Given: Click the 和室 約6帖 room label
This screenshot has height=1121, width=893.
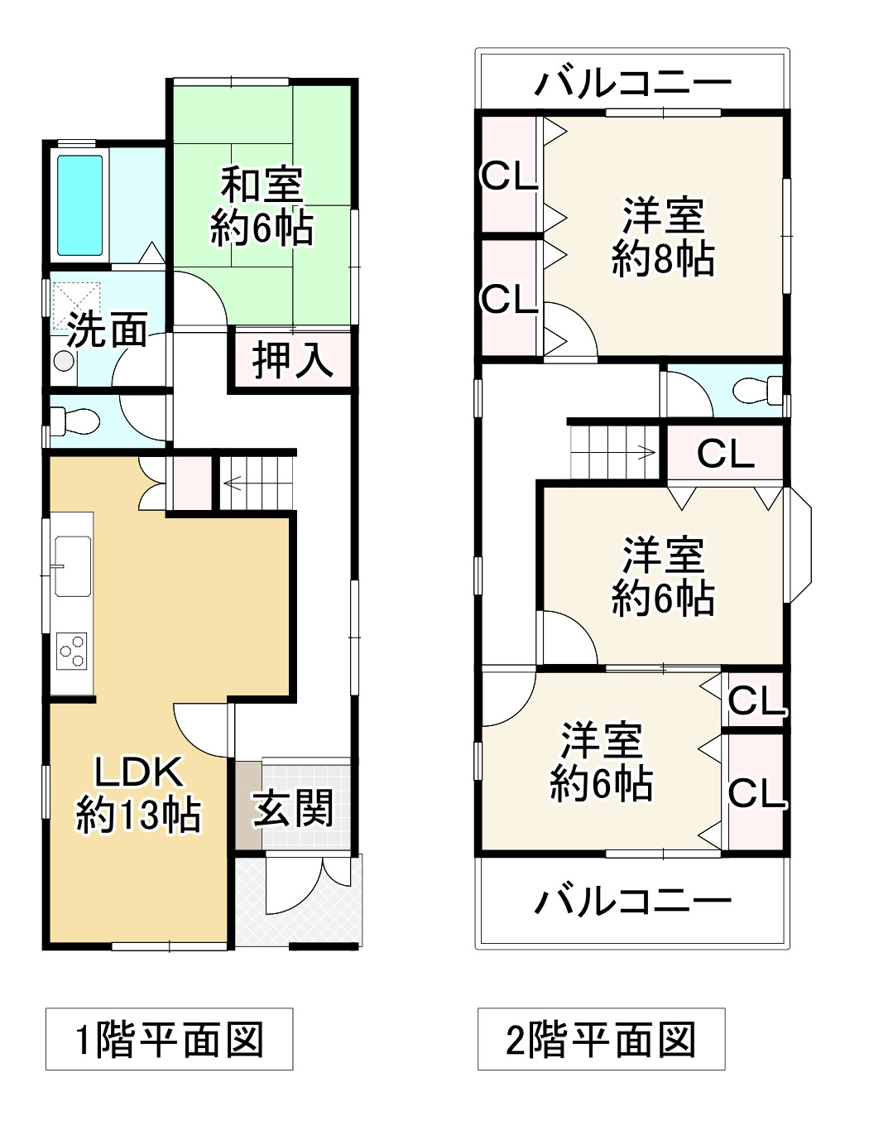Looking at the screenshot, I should tap(262, 207).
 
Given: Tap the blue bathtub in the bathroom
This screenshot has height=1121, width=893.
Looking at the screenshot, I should tap(79, 205).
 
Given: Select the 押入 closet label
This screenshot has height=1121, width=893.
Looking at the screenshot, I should tap(292, 360).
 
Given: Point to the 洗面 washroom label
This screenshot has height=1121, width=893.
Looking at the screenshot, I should tap(107, 330).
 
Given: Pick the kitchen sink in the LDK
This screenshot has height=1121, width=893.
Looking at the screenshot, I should tap(73, 565).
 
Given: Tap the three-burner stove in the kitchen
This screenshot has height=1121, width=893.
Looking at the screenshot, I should tap(72, 650).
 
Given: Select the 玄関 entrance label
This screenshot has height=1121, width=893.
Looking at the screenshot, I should tap(293, 807).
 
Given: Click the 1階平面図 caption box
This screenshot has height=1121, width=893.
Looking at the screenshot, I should tap(169, 1039).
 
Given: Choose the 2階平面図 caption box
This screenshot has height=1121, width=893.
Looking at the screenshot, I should tap(601, 1039).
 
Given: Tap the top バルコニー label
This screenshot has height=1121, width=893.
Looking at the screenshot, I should tap(633, 82).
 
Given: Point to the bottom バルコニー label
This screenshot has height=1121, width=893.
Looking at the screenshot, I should tap(633, 900).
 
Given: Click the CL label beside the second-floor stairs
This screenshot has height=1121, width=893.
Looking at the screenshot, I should tap(725, 454).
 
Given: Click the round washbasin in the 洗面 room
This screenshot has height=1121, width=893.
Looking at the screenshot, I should tap(63, 361).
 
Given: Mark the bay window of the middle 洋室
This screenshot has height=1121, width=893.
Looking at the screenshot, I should tap(799, 544).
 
